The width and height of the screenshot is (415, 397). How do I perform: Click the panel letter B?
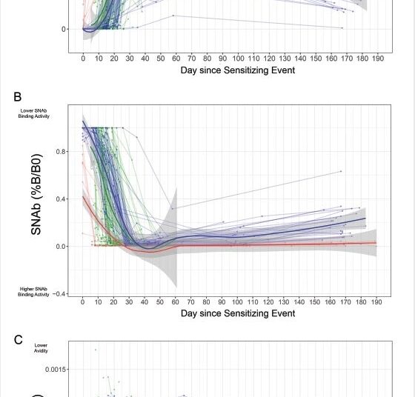[x=17, y=97]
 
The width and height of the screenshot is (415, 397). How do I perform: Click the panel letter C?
[x=18, y=339]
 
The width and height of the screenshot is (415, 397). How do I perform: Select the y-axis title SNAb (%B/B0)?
[x=36, y=195]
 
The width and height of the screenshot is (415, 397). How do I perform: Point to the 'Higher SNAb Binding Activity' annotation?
[x=34, y=291]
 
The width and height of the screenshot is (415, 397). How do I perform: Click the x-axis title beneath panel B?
[x=238, y=313]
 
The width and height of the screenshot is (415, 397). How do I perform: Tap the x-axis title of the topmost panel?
[x=238, y=70]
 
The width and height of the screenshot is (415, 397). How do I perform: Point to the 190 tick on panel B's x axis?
[x=378, y=302]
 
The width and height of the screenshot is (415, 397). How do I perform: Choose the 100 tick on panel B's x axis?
[x=238, y=302]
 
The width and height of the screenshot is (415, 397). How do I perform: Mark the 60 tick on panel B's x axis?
[x=176, y=302]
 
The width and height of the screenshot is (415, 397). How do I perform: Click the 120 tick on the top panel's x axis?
[x=269, y=59]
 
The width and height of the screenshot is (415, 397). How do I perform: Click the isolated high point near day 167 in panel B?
[x=341, y=171]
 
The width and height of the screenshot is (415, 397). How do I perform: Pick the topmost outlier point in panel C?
[x=95, y=350]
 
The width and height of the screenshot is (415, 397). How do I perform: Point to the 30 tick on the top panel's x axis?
[x=130, y=59]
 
